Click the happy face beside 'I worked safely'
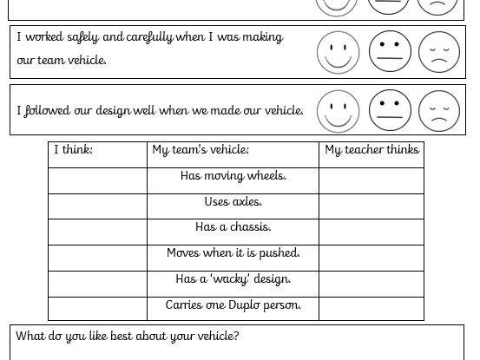(x=338, y=52)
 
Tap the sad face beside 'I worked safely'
(x=439, y=52)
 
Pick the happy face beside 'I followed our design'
(x=338, y=110)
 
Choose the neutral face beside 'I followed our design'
(x=390, y=110)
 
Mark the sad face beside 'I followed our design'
(x=439, y=110)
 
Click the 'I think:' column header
(x=74, y=150)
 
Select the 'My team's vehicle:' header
(x=201, y=150)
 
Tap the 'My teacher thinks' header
(x=372, y=150)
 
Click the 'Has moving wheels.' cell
(x=233, y=176)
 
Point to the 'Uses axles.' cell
(x=233, y=202)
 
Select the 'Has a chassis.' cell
(x=233, y=227)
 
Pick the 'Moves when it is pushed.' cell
(x=233, y=253)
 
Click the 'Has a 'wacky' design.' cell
(x=233, y=279)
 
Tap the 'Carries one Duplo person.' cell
(x=233, y=305)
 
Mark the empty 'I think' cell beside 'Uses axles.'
(x=97, y=206)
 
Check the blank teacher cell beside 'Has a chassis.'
(x=372, y=231)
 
